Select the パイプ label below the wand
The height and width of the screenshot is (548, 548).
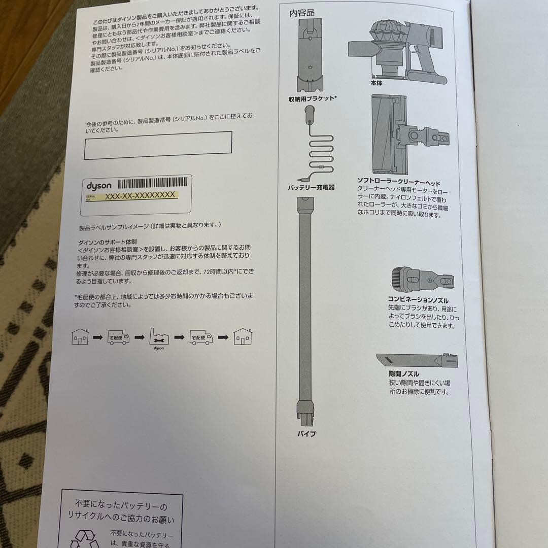click(306, 434)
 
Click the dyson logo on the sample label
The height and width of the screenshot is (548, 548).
click(98, 186)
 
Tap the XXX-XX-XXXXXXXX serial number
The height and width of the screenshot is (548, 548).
click(140, 195)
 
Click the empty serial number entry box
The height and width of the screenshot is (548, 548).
click(158, 146)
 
